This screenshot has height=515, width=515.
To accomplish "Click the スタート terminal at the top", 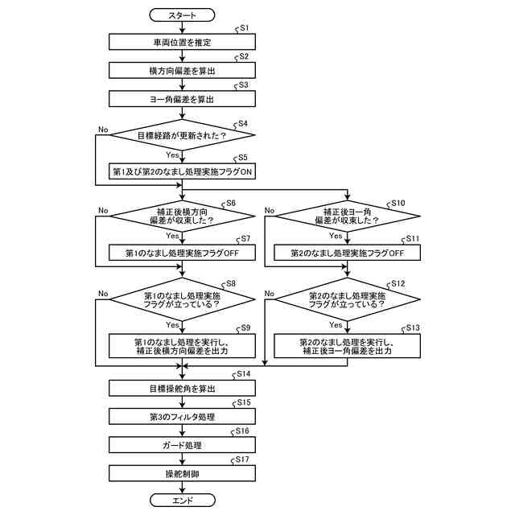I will (182, 14).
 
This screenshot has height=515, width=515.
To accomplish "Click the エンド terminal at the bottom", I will (182, 501).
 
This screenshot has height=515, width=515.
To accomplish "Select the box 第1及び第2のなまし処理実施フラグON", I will (182, 171).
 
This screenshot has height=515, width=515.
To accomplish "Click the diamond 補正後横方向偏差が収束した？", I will (182, 215).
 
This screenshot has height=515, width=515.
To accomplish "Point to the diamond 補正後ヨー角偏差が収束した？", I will (347, 215).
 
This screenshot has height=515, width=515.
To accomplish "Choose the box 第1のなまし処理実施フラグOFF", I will (182, 253).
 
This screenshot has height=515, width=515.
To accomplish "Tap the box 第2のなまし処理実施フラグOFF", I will (347, 253).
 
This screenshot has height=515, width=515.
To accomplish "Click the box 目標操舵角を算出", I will (182, 388).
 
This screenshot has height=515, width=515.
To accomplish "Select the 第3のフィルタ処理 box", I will (182, 416).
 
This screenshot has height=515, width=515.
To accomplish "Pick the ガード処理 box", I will (182, 444).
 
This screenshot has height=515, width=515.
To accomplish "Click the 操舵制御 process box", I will (182, 473).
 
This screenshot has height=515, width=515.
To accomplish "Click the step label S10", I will (398, 203).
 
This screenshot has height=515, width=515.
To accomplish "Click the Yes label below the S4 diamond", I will (172, 154).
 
